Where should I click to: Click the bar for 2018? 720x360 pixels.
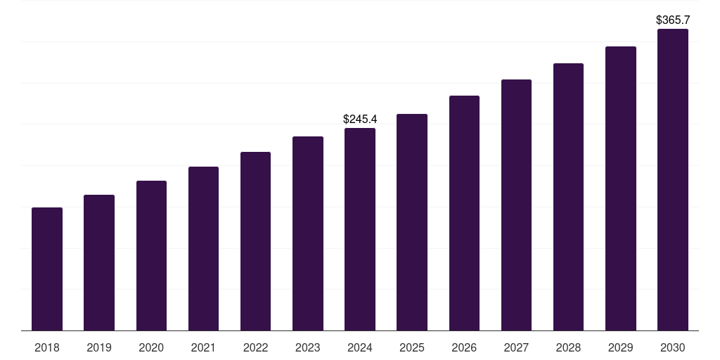[x=47, y=269]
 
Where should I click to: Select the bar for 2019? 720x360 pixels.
[x=99, y=262]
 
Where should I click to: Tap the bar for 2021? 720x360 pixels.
[x=203, y=248]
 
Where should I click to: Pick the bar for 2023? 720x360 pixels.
[x=308, y=233]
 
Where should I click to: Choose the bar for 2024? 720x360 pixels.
[x=360, y=229]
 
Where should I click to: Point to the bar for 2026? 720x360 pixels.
[x=464, y=213]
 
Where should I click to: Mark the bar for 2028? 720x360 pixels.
[x=568, y=197]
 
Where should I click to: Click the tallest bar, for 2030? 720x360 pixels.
[x=672, y=179]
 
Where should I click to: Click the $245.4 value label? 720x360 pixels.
[x=360, y=119]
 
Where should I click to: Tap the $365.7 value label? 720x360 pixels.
[x=672, y=20]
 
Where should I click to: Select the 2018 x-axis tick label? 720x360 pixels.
[x=47, y=347]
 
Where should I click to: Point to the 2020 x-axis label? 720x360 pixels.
[x=151, y=347]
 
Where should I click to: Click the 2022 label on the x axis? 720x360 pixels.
[x=255, y=347]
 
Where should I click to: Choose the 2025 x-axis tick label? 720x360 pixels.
[x=412, y=347]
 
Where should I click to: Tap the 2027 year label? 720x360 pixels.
[x=516, y=347]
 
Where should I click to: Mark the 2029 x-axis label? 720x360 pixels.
[x=620, y=347]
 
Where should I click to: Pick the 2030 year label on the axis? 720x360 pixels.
[x=672, y=347]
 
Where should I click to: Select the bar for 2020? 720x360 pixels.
[x=151, y=255]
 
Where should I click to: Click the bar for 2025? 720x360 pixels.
[x=412, y=222]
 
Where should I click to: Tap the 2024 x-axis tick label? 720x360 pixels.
[x=360, y=347]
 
